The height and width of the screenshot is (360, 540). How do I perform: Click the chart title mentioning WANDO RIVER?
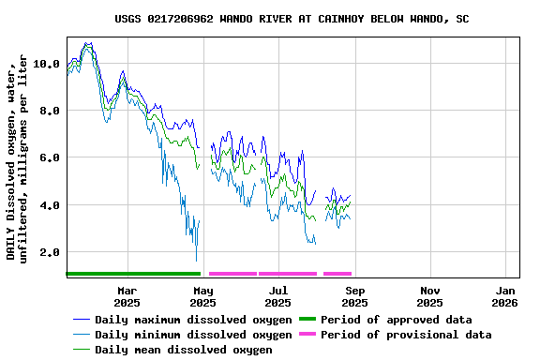pos(292,19)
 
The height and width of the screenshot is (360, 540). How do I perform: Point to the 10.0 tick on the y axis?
pos(46,64)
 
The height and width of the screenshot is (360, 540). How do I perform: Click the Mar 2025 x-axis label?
pos(127,296)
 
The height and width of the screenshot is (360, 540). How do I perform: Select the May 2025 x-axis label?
pos(202,296)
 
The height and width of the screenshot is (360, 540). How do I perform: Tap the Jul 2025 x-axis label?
pos(277,296)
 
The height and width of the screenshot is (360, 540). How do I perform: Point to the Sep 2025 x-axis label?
pos(354,296)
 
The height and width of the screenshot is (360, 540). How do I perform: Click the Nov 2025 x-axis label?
pos(429,296)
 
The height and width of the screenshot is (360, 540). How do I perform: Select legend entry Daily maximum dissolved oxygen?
pos(193,320)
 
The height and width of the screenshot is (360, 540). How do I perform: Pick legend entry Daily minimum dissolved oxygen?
pos(193,335)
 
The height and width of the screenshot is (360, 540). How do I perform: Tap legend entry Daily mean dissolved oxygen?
pos(184,350)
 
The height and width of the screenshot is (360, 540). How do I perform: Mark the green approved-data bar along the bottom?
pos(133,273)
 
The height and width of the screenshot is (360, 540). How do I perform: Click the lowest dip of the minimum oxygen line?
pos(196,261)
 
